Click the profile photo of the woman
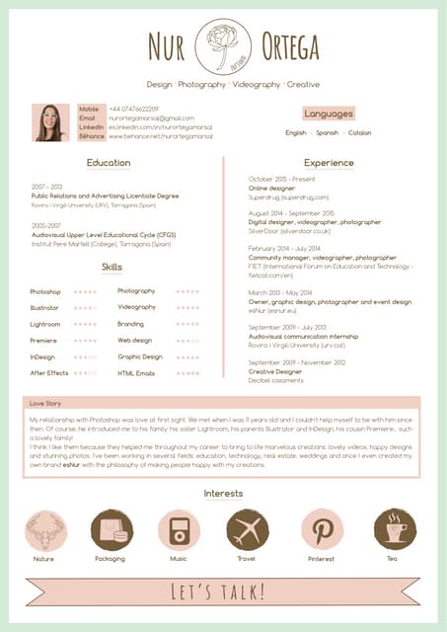50,122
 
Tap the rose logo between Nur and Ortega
224,45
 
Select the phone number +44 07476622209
133,109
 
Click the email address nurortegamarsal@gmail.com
151,118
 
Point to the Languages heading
329,114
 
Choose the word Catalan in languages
359,132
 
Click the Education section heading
109,163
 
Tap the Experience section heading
329,163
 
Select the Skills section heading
112,268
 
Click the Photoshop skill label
45,292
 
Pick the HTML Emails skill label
136,373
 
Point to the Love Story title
45,404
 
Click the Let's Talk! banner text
219,592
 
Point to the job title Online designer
271,188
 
